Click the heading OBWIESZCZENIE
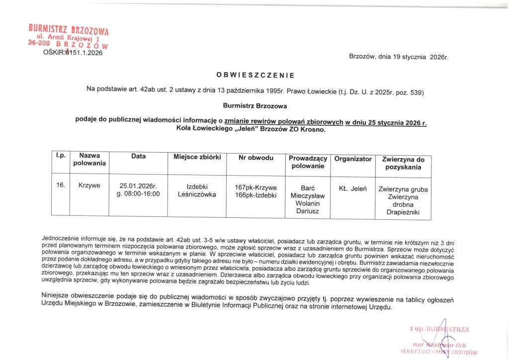tap(255, 76)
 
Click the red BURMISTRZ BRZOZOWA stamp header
tap(69, 29)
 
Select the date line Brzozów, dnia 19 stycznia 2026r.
tap(399, 57)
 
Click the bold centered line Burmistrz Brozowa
tap(255, 105)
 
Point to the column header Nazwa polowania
tap(90, 160)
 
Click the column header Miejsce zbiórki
tap(197, 158)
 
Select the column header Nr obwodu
tap(256, 158)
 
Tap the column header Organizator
tap(353, 159)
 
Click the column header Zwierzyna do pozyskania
tap(403, 163)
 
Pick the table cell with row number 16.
tap(61, 185)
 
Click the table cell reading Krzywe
tap(89, 185)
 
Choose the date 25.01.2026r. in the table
tap(138, 185)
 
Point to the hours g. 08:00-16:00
tap(138, 193)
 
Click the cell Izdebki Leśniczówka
tap(197, 190)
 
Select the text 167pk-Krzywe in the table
tap(255, 187)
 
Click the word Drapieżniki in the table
tap(403, 212)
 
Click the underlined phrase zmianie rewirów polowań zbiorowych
tap(284, 121)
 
